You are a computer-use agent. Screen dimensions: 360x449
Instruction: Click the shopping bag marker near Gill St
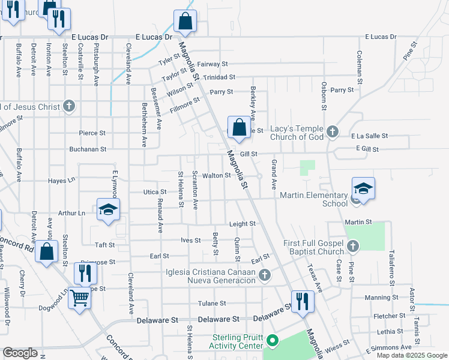coord(239,128)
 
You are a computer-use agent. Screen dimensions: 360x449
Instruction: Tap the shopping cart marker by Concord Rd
coord(79,298)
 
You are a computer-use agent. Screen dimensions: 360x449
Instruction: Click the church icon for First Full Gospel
coord(353,245)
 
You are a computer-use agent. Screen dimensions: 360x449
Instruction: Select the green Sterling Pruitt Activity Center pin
coord(273,341)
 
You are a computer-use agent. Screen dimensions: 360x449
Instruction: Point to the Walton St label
coord(216,176)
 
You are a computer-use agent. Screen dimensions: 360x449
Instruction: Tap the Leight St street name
coord(243,224)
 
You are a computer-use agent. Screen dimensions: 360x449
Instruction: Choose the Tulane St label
coord(213,304)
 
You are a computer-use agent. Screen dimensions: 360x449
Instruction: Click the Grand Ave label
coord(274,172)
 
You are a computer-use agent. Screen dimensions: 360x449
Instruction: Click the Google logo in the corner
coord(20,353)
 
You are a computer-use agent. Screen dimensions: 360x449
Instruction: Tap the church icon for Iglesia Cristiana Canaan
coord(265,275)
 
